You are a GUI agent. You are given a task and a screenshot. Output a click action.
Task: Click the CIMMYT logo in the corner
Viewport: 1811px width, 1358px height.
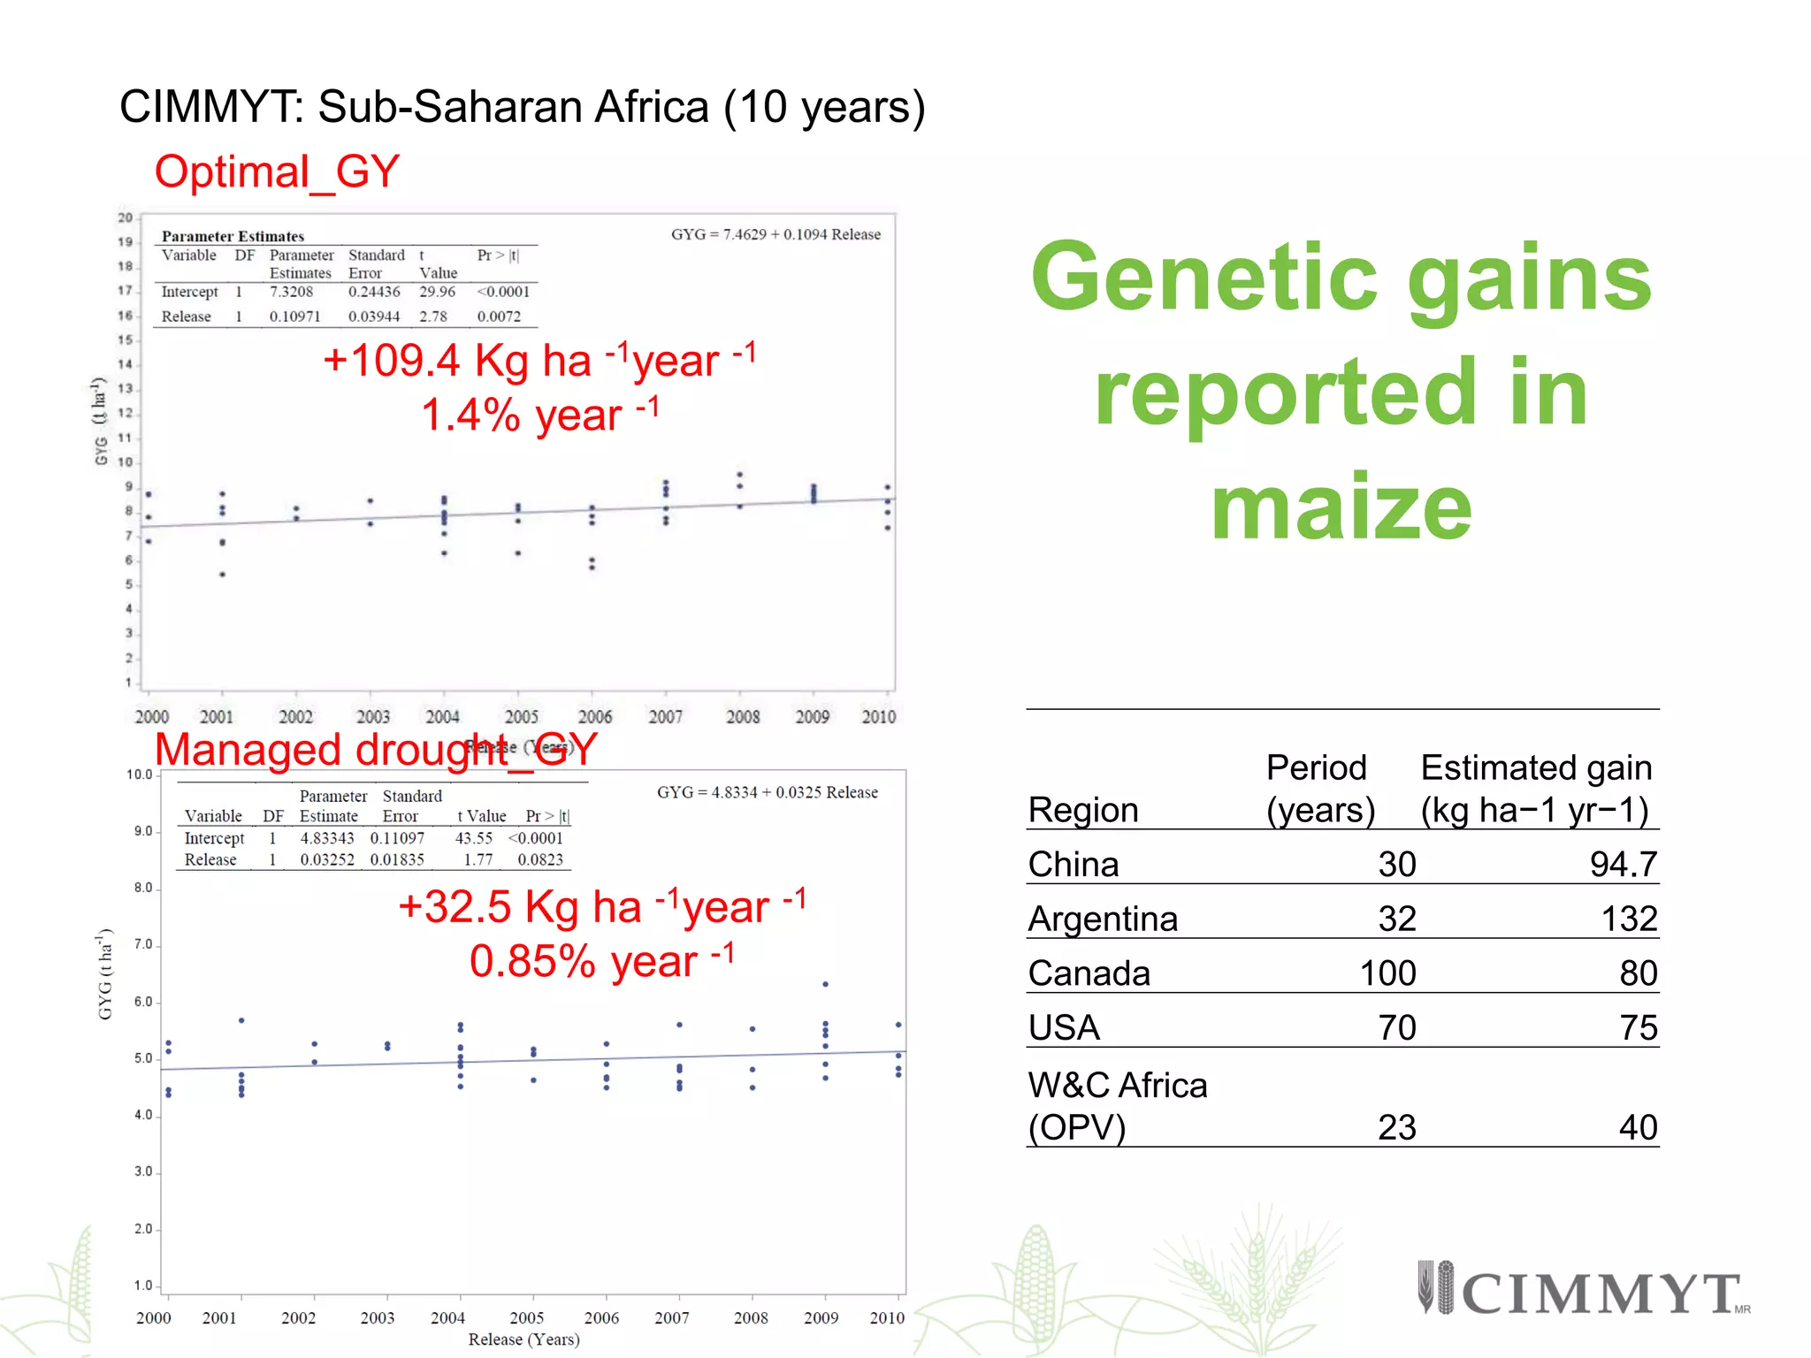(x=1583, y=1292)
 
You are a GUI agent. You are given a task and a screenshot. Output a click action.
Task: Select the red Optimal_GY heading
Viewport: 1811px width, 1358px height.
(x=277, y=172)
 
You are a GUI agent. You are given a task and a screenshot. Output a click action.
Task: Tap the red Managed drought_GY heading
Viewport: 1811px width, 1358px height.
(x=376, y=750)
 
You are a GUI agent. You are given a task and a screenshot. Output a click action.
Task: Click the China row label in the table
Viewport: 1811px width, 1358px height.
(x=1074, y=864)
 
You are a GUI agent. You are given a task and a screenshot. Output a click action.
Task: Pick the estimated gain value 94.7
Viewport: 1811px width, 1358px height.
(x=1623, y=864)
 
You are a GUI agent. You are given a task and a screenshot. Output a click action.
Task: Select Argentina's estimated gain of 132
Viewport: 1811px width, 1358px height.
(x=1629, y=919)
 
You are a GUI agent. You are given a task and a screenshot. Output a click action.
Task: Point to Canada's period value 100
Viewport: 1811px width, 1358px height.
(x=1387, y=973)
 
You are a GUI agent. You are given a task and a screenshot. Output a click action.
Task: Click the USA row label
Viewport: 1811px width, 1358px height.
(x=1064, y=1027)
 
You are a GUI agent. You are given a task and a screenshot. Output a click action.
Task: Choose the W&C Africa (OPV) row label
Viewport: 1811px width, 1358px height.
(x=1118, y=1106)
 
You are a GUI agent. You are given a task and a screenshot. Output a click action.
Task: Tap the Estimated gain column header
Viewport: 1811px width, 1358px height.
(x=1536, y=789)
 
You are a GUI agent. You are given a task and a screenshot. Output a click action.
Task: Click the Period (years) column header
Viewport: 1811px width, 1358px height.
(x=1319, y=789)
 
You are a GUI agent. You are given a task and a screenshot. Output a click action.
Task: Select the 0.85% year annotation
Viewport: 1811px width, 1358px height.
(x=601, y=961)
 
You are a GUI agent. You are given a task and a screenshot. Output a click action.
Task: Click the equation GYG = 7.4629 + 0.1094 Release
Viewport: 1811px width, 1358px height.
(x=776, y=234)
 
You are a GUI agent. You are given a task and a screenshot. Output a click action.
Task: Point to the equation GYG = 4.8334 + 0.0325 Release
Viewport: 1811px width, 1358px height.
(x=767, y=792)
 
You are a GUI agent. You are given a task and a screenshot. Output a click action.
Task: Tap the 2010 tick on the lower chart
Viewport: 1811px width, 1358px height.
(x=887, y=1317)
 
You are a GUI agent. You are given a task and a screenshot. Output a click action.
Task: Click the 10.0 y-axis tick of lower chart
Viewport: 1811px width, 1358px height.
(x=140, y=774)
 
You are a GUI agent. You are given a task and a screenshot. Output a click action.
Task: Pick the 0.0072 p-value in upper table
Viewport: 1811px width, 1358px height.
(x=499, y=317)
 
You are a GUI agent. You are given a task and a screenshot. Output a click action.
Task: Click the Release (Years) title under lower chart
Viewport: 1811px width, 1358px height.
(x=523, y=1339)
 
